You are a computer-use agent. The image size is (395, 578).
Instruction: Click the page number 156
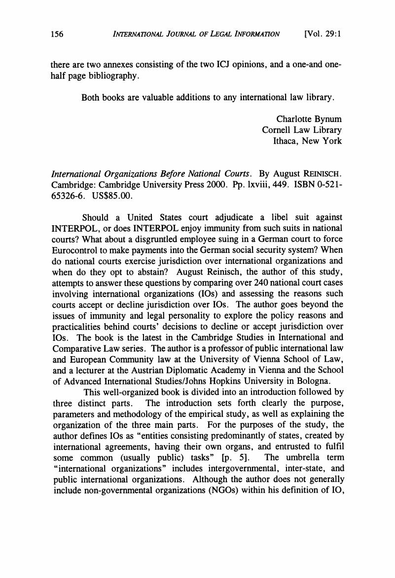pos(58,34)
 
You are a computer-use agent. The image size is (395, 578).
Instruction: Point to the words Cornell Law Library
pos(302,130)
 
